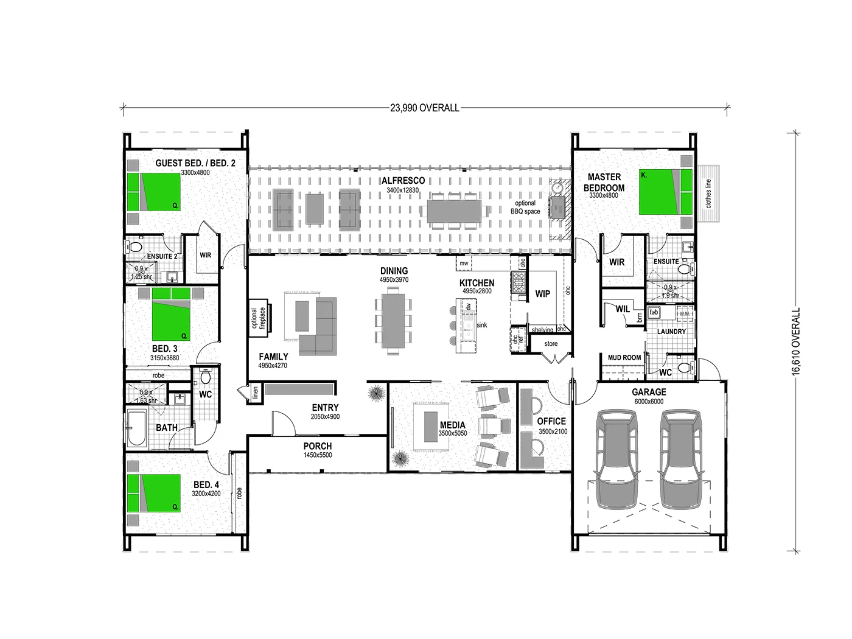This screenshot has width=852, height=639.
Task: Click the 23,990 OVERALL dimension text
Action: (x=425, y=108)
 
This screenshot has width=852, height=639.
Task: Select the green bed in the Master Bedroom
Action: (x=665, y=192)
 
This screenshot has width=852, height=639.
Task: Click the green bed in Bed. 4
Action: (x=155, y=492)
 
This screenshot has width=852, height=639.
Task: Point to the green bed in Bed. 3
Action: (x=171, y=315)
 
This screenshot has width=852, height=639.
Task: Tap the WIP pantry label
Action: (x=542, y=294)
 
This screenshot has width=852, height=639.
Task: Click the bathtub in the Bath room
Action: (x=138, y=428)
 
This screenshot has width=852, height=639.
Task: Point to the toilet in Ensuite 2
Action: (x=134, y=247)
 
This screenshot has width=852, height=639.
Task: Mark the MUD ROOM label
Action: (x=624, y=357)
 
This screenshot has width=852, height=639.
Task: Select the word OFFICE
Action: (x=551, y=421)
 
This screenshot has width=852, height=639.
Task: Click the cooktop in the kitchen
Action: (x=519, y=284)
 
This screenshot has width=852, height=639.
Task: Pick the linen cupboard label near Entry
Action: (x=255, y=393)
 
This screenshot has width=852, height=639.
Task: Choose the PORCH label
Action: (x=318, y=446)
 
